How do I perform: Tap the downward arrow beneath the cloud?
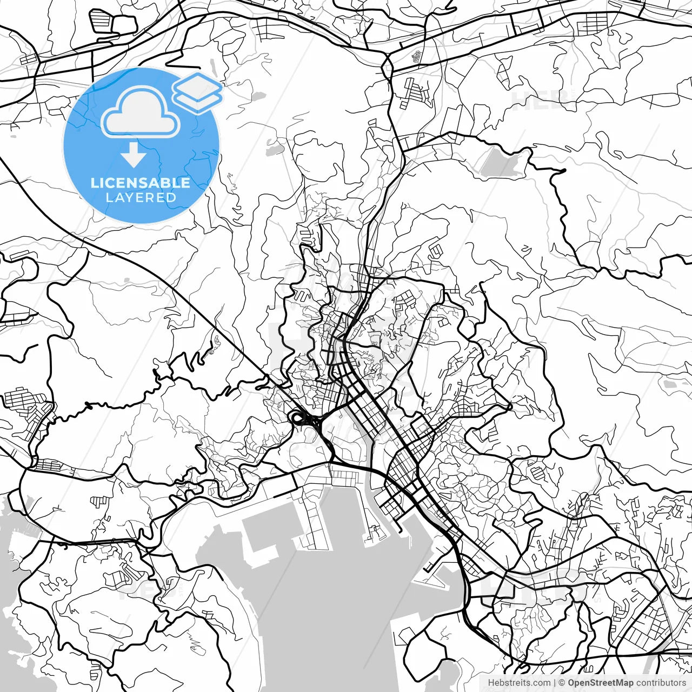tap(133, 155)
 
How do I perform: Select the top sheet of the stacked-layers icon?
tap(197, 85)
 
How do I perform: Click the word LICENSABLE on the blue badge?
tap(141, 183)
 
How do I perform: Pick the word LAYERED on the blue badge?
tap(141, 198)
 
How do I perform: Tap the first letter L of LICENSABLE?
tap(94, 183)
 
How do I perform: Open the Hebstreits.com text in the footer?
tap(519, 683)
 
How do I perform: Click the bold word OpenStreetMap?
tap(601, 683)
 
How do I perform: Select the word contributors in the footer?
tap(661, 683)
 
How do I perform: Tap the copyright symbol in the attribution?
tap(562, 683)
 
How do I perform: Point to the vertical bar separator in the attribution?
tap(555, 683)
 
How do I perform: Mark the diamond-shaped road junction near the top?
tap(387, 66)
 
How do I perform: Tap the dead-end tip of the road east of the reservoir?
tap(564, 171)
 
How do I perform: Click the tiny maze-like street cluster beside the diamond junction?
tap(417, 56)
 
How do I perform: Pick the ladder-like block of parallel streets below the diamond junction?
tap(416, 93)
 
